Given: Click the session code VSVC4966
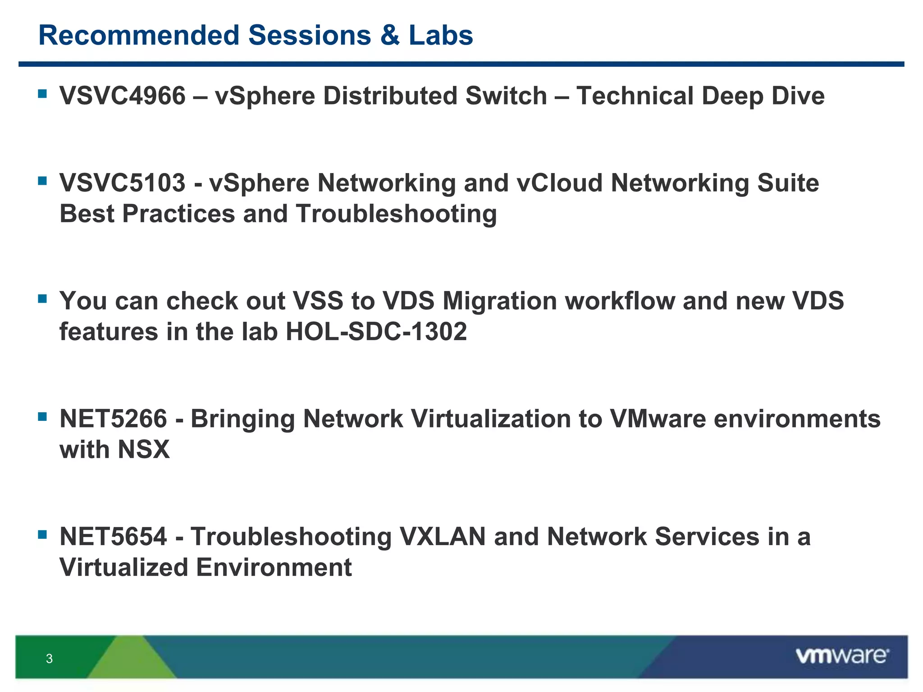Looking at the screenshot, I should (123, 96).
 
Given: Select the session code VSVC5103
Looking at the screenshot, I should (123, 183).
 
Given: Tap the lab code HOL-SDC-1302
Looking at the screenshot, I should (376, 332).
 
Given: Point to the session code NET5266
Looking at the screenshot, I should (113, 419).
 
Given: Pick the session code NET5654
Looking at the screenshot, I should (113, 537).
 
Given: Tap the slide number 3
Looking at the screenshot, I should (49, 659).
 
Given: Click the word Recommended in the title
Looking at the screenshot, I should (139, 35).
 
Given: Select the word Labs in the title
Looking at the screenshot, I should (441, 35).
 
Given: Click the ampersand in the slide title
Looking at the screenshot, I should (390, 35).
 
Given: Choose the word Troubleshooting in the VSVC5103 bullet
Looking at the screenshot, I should (397, 214).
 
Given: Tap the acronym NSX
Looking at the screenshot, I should (144, 450).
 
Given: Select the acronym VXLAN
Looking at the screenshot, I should (443, 537).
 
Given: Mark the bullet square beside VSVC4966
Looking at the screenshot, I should (43, 94).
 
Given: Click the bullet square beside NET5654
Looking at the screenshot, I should (43, 534).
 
